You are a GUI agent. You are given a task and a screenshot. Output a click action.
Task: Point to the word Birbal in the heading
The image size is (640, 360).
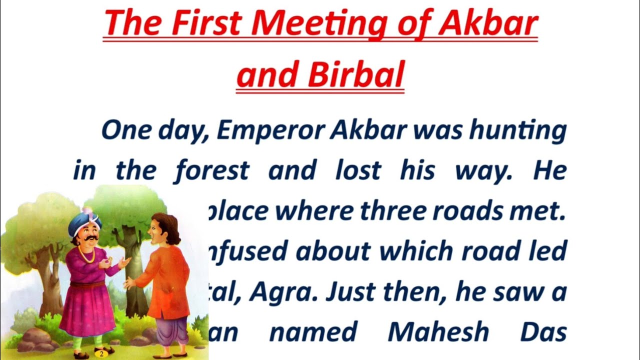(x=355, y=75)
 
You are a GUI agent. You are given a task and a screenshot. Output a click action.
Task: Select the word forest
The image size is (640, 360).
(x=211, y=171)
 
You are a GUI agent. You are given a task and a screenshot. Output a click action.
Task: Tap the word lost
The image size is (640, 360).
(x=357, y=171)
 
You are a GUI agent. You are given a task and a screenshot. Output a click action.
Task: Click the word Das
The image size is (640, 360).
(x=543, y=331)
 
